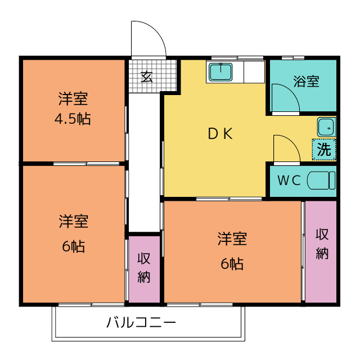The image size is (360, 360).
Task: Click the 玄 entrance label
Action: tap(147, 76)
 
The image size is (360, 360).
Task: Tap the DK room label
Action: tap(220, 134)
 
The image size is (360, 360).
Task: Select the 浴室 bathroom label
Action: tap(306, 81)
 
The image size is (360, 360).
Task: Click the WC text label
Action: tap(290, 181)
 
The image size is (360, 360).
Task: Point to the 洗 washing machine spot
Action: tap(324, 150)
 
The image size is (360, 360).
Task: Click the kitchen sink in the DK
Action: tap(221, 72)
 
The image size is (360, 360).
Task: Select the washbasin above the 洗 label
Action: tap(326, 127)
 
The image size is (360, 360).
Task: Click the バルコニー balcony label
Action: tap(141, 323)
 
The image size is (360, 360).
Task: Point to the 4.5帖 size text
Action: tap(73, 119)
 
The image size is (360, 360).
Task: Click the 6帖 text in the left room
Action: tap(73, 246)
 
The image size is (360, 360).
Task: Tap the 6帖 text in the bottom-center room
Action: tap(232, 263)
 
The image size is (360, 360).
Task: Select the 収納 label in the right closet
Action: tap(322, 244)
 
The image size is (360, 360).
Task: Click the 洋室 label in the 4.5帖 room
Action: tap(73, 100)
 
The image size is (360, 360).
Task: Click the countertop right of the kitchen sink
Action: tap(250, 72)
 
